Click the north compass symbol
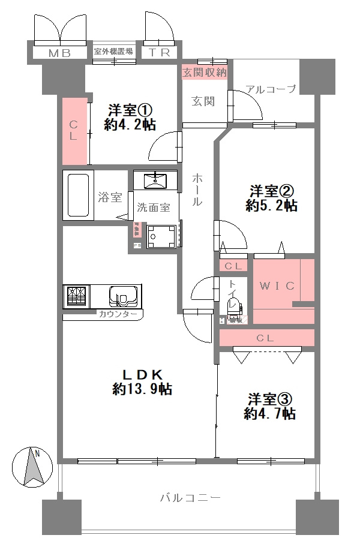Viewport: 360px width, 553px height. (31, 465)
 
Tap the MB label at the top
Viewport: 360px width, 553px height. (60, 53)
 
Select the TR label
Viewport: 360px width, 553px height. (160, 53)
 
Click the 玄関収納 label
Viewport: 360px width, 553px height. (204, 73)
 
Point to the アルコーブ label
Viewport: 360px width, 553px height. (270, 89)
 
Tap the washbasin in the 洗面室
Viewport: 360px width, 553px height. (155, 179)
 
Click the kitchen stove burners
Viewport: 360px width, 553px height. (76, 296)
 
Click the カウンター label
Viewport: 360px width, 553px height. (118, 314)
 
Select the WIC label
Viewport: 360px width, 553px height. (277, 285)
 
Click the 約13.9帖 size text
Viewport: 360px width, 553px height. (142, 389)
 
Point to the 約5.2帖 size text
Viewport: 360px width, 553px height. (271, 206)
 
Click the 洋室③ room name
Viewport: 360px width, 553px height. (271, 399)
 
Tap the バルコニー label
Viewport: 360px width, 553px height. (191, 498)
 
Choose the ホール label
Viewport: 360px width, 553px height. (197, 190)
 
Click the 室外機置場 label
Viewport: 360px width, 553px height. (113, 52)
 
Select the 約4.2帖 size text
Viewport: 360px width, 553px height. (130, 125)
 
